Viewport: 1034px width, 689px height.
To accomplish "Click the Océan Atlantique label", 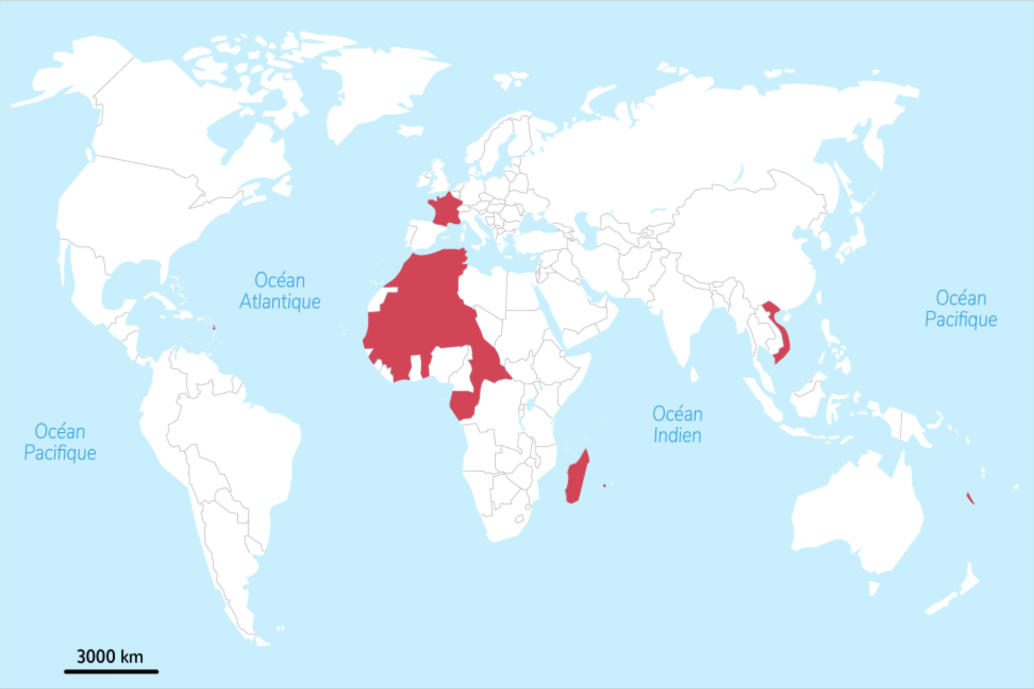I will point(280,291).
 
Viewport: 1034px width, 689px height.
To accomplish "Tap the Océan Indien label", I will point(677,425).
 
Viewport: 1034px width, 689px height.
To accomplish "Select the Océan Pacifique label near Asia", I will point(961,309).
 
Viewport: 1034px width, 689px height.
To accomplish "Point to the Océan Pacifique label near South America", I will point(60,442).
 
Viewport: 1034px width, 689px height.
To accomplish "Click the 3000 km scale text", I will point(110,657).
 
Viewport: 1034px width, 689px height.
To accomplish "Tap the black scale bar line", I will point(111,671).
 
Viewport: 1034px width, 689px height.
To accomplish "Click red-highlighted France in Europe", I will point(446,210).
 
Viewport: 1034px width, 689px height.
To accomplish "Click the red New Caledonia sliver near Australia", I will point(970,498).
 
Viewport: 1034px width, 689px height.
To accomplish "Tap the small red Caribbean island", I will point(214,327).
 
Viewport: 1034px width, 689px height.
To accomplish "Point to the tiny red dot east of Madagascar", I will point(604,485).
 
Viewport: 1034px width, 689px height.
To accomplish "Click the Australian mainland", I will point(856,510).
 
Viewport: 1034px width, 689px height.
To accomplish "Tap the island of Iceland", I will point(410,130).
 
